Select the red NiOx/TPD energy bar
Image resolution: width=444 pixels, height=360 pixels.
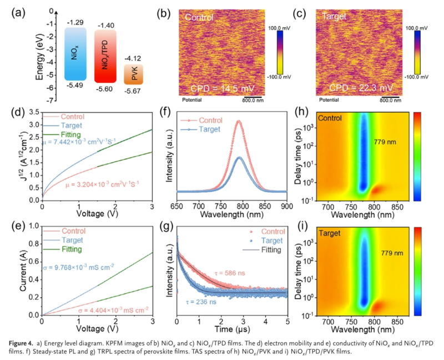tap(105, 57)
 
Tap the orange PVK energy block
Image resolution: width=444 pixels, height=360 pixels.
tap(133, 74)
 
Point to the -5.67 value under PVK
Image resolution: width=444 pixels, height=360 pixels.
tap(133, 91)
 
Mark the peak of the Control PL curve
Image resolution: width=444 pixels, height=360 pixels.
tap(239, 121)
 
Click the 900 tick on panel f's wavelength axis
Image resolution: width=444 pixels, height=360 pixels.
tap(286, 206)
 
